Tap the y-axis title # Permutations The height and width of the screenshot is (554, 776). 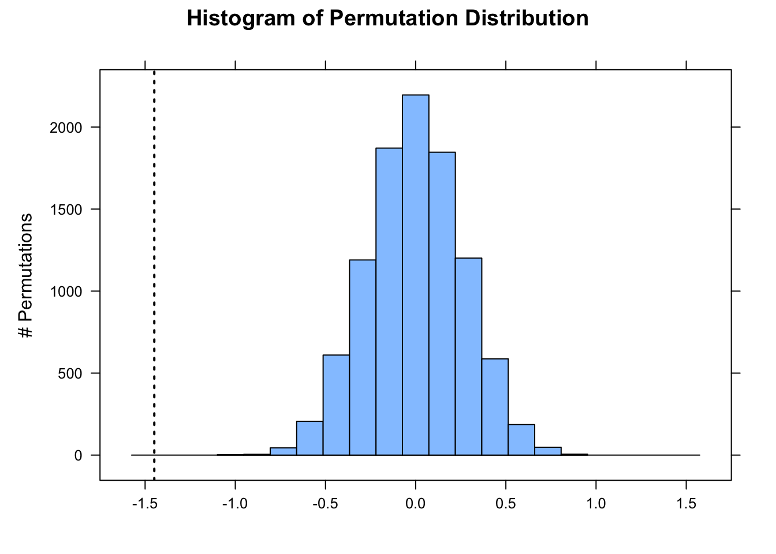click(26, 275)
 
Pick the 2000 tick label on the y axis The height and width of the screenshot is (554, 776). click(66, 128)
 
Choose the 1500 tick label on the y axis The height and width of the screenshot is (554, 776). click(66, 209)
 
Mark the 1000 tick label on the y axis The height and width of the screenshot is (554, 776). click(66, 291)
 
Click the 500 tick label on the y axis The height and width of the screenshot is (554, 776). click(70, 373)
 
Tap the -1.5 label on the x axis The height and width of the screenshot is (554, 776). click(144, 504)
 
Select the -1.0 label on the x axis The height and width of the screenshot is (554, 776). click(234, 504)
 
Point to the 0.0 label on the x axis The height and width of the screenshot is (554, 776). click(416, 504)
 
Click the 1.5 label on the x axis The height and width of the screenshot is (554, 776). click(686, 504)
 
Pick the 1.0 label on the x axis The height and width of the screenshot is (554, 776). click(596, 504)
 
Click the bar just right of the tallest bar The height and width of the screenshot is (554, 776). click(442, 304)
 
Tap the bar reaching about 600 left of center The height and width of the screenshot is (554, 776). click(336, 405)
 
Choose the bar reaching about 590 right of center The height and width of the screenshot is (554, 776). click(495, 407)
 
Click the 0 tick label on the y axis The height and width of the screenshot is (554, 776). click(79, 455)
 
